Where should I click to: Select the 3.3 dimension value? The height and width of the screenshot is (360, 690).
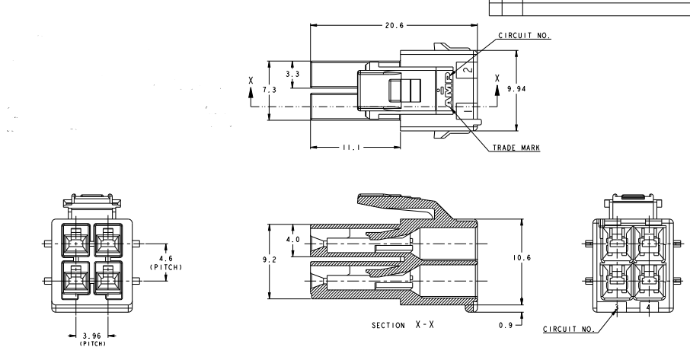292,75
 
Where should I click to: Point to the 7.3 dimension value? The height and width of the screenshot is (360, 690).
269,91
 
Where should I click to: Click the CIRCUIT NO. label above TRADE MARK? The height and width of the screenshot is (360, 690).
524,35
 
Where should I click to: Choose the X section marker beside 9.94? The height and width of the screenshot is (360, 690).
497,78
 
